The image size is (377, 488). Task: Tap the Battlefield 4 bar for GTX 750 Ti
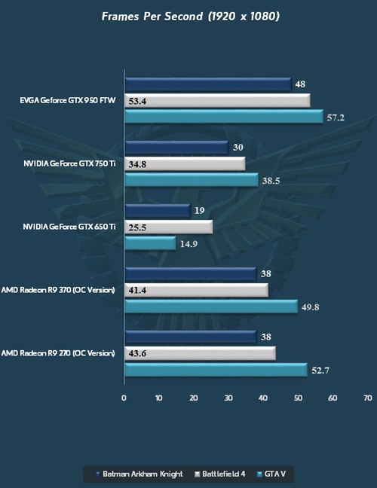tap(184, 163)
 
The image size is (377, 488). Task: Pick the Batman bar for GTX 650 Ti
tap(157, 211)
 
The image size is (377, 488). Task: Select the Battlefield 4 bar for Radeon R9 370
tap(195, 290)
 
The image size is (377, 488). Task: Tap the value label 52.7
tap(320, 371)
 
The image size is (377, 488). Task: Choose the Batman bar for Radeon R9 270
tap(190, 337)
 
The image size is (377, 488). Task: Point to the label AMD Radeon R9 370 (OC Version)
tap(59, 289)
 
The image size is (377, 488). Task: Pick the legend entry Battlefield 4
tap(224, 474)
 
